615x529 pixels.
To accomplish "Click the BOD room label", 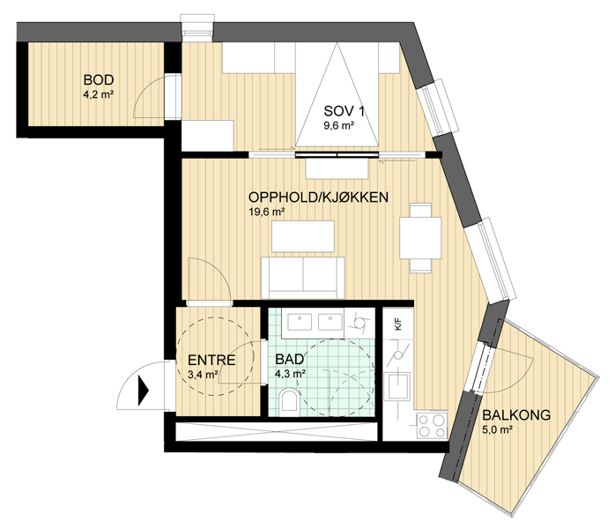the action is coord(99,79).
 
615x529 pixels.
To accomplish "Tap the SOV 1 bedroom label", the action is coord(344,111).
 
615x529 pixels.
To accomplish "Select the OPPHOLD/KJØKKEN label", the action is coord(318,197).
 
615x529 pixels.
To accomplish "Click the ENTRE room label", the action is coord(211,360).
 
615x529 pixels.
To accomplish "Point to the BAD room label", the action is coord(290,360).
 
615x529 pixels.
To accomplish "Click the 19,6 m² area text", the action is coord(266,212).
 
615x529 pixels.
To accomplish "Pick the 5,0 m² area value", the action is coord(497,429).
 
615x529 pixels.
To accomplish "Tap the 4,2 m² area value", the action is coord(99,94).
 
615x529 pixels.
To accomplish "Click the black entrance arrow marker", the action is coord(143,391).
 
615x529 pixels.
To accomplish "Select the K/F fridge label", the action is coord(397,325).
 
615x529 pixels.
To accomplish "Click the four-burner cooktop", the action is coord(432,426).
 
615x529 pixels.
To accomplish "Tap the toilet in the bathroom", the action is coord(289,401).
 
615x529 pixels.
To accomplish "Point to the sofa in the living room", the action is coord(302,278).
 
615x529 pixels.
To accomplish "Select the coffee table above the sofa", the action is coord(303,236).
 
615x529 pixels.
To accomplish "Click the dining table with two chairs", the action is coord(420,238).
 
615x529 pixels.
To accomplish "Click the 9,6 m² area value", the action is coord(339,126).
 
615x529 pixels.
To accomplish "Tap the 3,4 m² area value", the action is coord(204,375).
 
